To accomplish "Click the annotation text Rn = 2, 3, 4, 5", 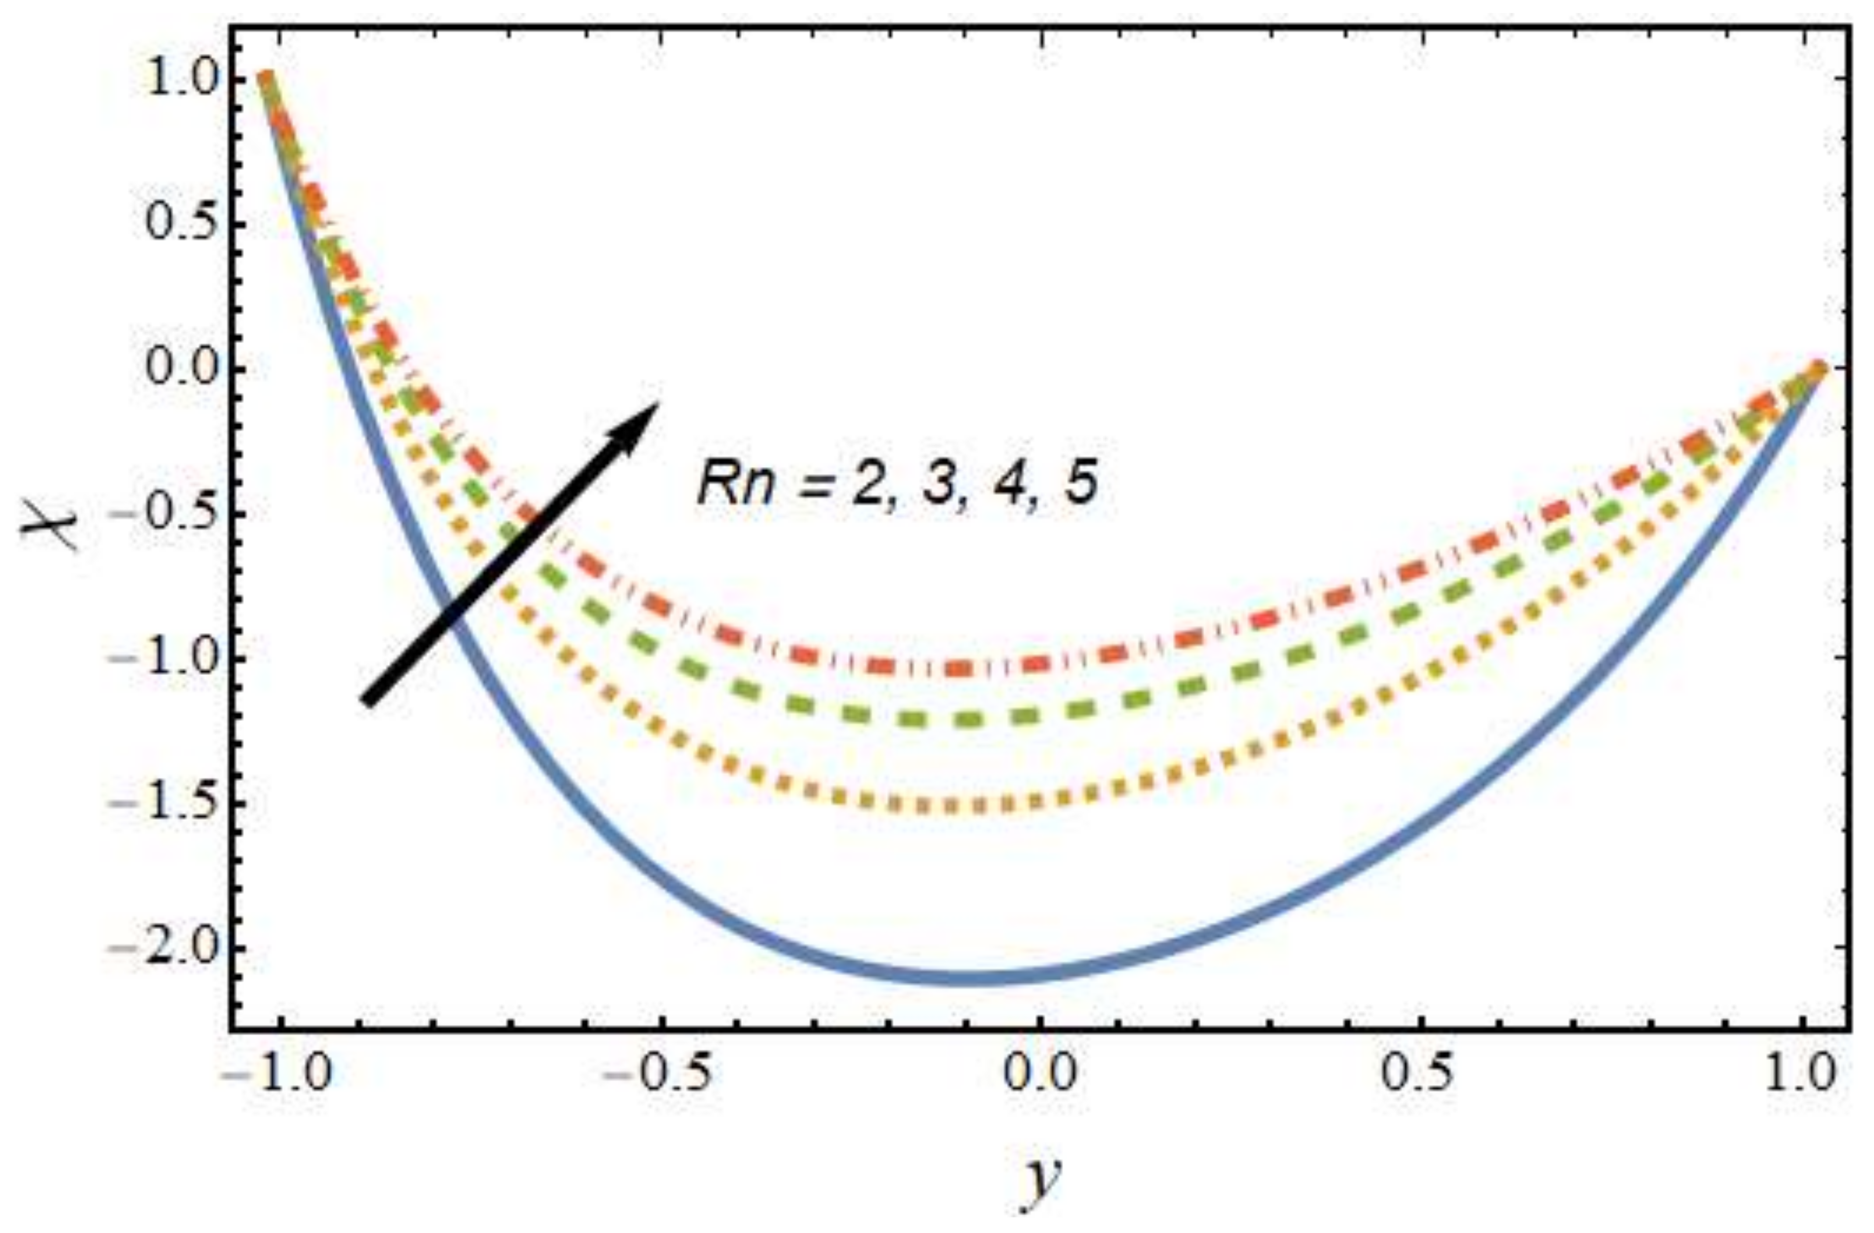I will (x=898, y=482).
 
